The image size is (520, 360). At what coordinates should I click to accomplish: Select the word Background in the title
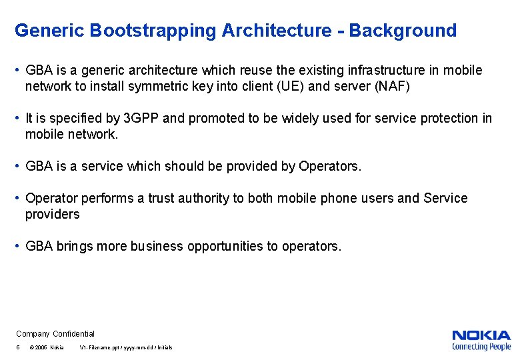[403, 31]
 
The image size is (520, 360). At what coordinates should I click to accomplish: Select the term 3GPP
[141, 118]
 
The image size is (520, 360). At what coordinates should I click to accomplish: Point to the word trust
[166, 198]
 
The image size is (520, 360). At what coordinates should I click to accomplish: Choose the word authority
[212, 198]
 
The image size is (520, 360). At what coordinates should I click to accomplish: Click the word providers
[52, 214]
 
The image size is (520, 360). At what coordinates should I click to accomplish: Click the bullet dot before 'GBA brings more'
[18, 246]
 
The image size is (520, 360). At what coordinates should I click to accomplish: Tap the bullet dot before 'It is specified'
[18, 118]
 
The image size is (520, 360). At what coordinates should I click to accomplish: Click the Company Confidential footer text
[55, 333]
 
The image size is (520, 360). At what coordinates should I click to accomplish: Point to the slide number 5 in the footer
[18, 348]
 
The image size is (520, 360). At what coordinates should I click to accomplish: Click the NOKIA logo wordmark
[481, 335]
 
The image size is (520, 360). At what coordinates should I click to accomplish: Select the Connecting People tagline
[481, 346]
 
